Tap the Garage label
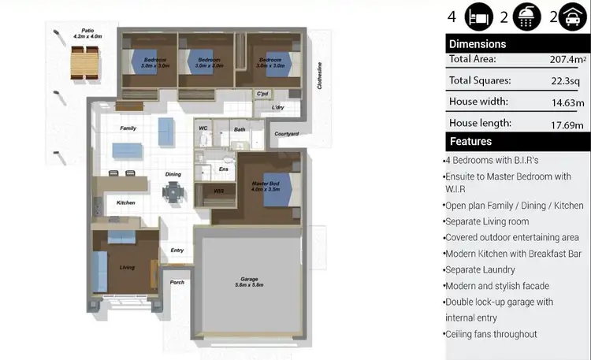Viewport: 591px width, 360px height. [x=249, y=282]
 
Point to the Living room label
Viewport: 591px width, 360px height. [x=127, y=267]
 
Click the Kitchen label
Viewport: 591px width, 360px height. [x=126, y=202]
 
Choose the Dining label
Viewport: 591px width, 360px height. [x=173, y=174]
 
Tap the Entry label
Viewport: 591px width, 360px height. [x=177, y=251]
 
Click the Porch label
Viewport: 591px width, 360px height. [x=177, y=281]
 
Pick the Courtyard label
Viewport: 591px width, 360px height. [x=286, y=134]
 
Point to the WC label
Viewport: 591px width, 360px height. [x=203, y=127]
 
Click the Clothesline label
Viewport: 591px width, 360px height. [x=320, y=76]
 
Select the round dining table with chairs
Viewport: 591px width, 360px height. [x=173, y=191]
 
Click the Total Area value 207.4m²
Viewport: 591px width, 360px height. [x=565, y=59]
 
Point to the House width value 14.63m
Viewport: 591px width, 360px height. [x=567, y=102]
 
